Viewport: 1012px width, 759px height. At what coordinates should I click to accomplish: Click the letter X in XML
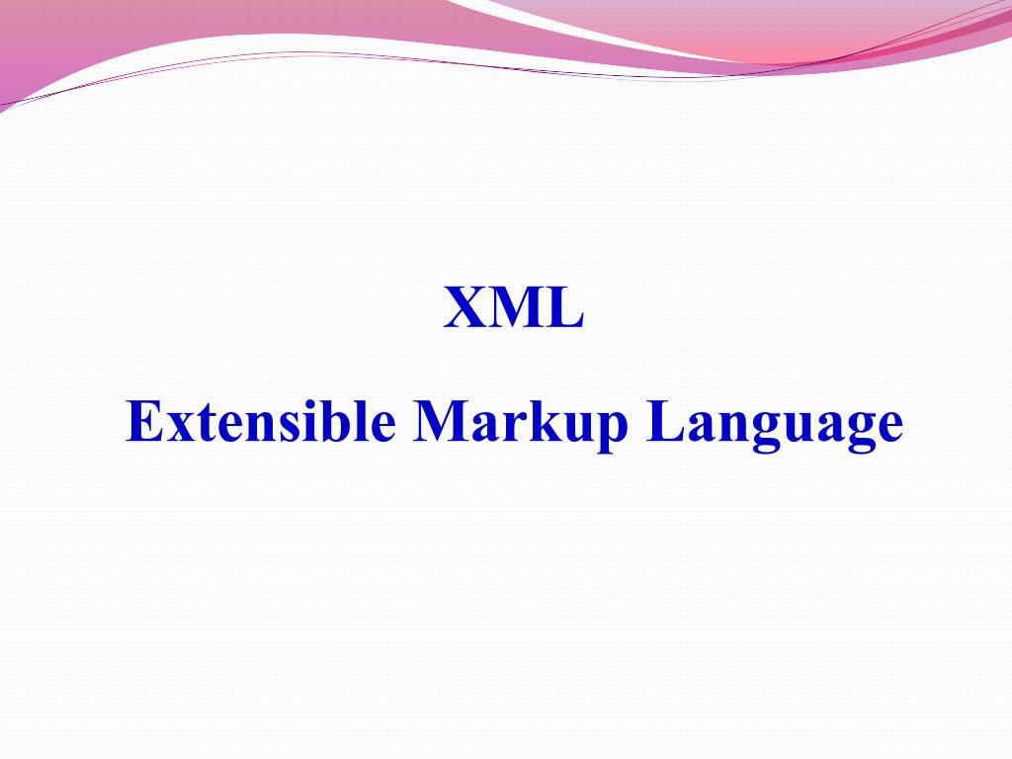pos(464,308)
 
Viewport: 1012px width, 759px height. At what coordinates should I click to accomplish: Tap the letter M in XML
pos(513,308)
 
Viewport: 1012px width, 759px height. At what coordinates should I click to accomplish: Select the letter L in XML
pos(564,308)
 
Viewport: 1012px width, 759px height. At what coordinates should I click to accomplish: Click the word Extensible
pos(261,422)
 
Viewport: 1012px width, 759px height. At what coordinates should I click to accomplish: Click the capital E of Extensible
pos(143,422)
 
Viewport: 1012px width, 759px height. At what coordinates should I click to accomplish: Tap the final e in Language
pos(888,427)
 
